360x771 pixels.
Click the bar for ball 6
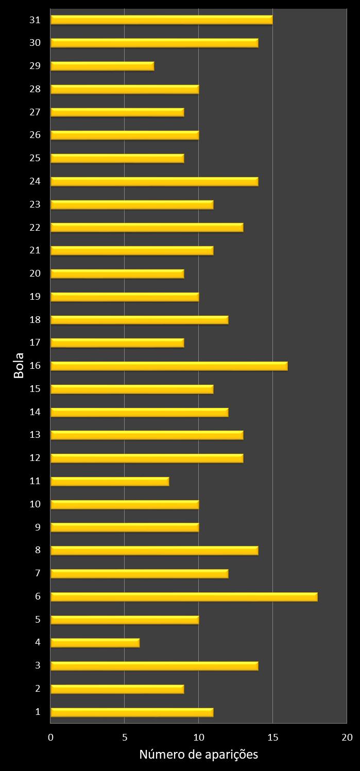pos(184,596)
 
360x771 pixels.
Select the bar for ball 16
pos(169,366)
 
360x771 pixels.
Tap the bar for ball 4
pos(95,642)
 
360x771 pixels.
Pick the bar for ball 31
pos(161,20)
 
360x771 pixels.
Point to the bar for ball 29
pos(102,66)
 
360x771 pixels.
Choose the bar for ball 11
pos(110,481)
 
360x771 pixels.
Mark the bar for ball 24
pos(154,181)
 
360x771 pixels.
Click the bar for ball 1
pos(132,712)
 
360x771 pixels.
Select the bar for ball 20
pos(117,273)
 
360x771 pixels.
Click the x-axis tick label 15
pos(273,738)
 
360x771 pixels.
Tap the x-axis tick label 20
pos(347,738)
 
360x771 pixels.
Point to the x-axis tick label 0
pos(50,738)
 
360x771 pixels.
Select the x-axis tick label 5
pos(125,738)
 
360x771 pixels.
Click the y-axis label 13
pos(35,435)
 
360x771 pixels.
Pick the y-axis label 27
pos(35,112)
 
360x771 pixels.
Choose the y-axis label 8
pos(38,550)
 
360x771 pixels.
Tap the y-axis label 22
pos(35,227)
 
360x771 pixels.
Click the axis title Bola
pos(19,366)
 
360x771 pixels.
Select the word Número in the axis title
pos(160,755)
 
